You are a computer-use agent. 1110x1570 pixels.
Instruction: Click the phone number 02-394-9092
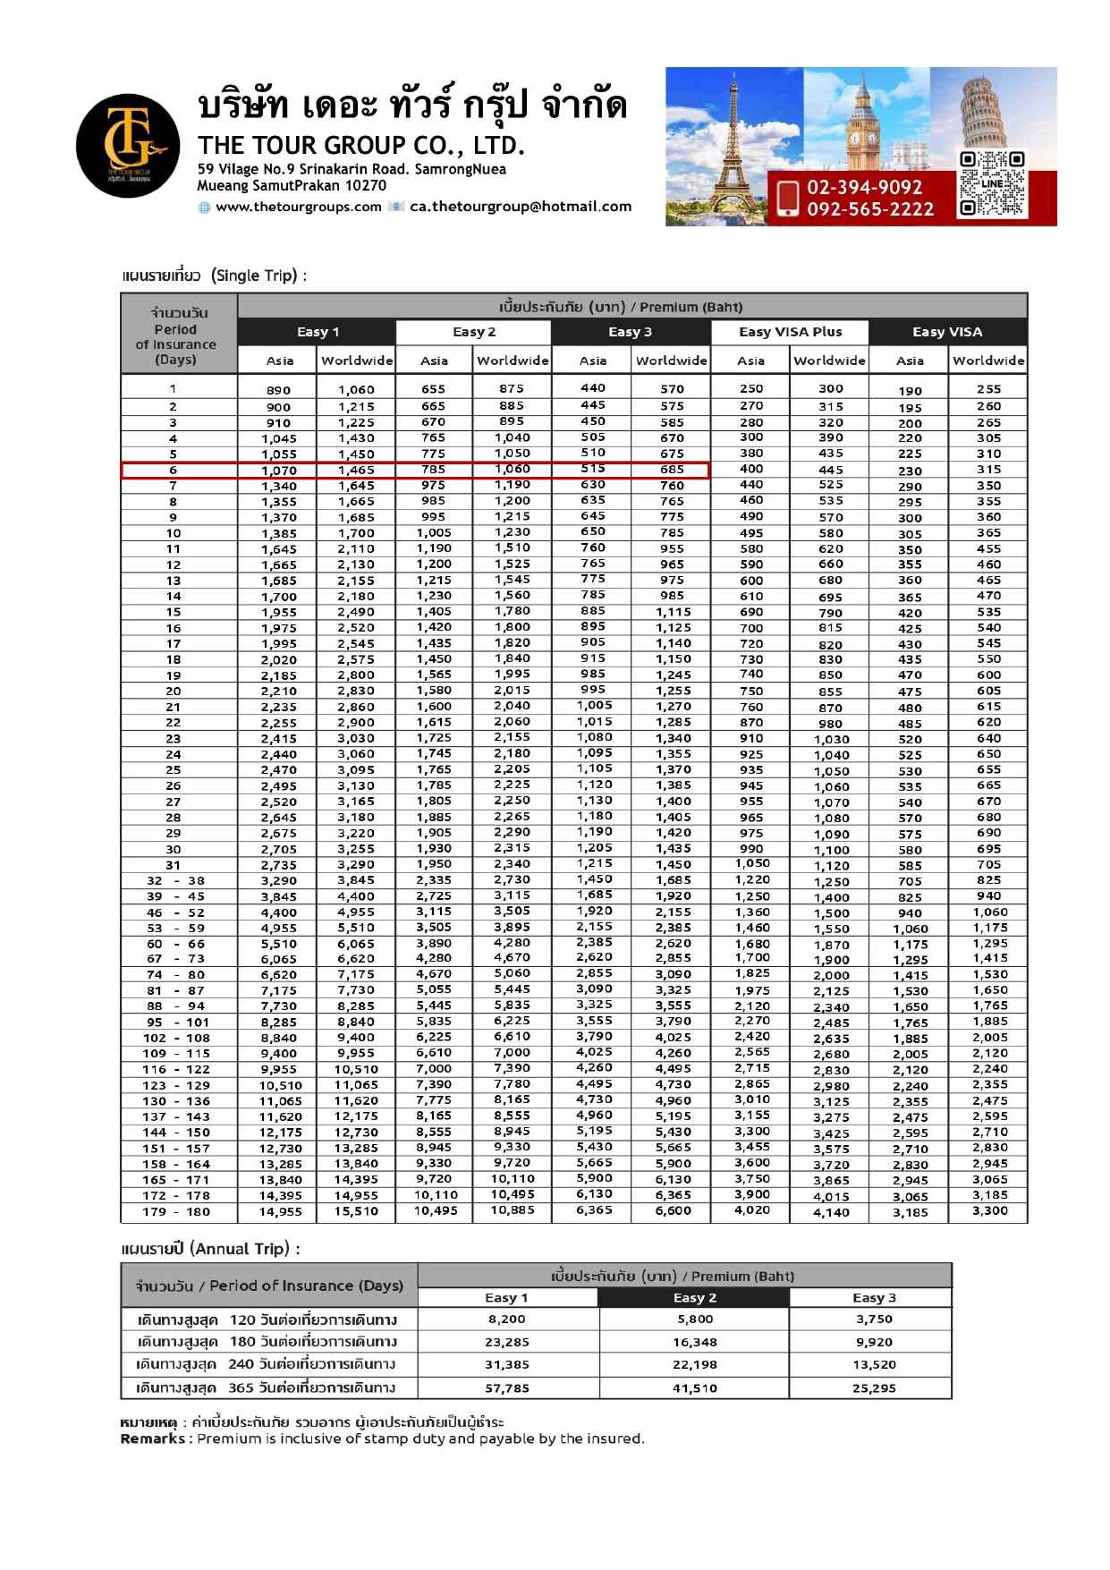864,187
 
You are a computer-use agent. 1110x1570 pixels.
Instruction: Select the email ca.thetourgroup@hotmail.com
521,207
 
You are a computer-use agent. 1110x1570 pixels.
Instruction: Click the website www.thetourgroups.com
299,207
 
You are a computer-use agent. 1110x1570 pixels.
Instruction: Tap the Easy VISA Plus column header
790,332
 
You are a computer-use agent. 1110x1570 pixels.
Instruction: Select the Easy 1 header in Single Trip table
318,332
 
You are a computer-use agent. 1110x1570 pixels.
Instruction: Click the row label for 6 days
174,470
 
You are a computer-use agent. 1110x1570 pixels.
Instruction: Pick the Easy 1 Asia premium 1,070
279,471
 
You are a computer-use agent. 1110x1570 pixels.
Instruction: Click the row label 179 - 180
176,1211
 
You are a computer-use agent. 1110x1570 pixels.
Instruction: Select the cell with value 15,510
356,1211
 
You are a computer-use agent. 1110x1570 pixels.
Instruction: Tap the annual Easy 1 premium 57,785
507,1388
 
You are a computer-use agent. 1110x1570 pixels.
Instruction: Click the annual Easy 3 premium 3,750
874,1319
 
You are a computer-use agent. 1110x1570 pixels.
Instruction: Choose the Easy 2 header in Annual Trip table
694,1297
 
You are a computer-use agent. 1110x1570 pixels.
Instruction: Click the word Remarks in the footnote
153,1438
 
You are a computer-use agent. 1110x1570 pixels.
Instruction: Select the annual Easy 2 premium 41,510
694,1388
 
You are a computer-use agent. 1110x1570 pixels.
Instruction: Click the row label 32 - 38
176,880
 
